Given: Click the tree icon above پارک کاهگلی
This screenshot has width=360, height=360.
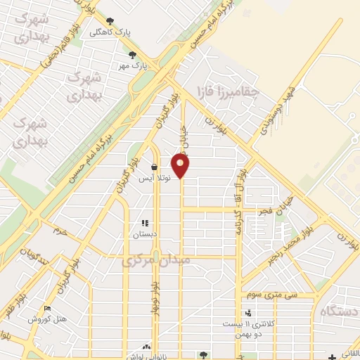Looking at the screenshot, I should pos(110,21).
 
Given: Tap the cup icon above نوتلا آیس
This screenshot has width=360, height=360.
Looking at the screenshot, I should pos(154,167).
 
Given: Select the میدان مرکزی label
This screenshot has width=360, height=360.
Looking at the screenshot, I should pos(156,261).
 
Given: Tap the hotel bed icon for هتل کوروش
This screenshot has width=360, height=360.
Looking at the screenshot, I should pos(47,309).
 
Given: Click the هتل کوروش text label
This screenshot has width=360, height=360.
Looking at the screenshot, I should pos(47,319).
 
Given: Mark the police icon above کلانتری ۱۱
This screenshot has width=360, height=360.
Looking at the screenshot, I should pos(247,314).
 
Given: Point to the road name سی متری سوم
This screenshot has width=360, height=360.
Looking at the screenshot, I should pos(278,295).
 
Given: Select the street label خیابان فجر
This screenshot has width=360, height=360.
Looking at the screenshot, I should pos(270,209).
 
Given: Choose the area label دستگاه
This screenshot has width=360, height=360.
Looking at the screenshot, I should pos(340,311).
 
